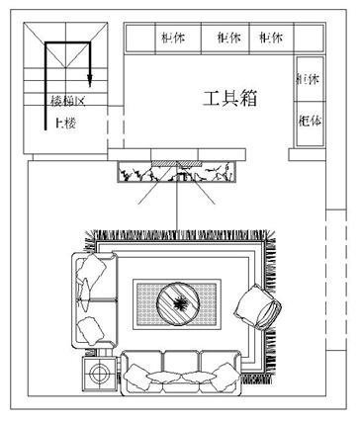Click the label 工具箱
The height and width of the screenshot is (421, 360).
click(x=230, y=99)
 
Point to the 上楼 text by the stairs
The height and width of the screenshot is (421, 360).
click(x=66, y=123)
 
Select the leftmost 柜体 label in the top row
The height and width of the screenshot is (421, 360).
click(x=172, y=38)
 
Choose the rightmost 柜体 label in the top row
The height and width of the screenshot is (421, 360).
click(x=271, y=38)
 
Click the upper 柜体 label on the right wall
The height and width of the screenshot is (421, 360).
click(x=308, y=79)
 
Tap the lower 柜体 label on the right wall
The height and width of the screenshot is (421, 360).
click(x=308, y=119)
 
